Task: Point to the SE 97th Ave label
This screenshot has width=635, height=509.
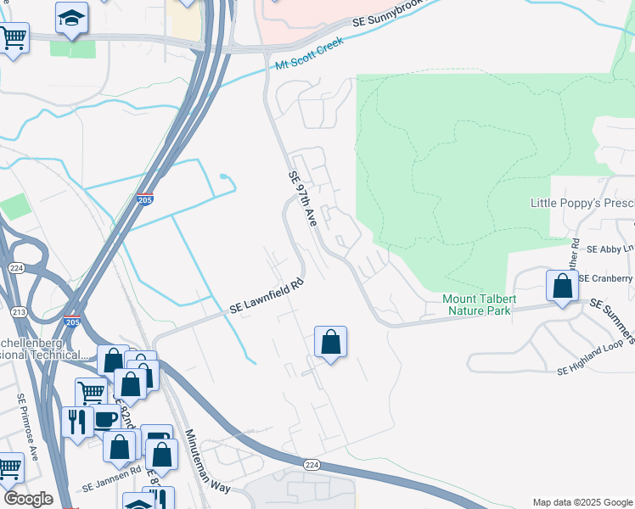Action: [302, 199]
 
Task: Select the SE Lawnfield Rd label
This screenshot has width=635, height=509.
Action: [266, 297]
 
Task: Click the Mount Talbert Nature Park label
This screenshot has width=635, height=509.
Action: [476, 305]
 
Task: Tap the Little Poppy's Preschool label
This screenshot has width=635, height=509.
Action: [582, 204]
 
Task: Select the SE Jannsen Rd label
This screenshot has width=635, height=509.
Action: [110, 483]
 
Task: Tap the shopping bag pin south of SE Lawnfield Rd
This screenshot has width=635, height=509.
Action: [331, 342]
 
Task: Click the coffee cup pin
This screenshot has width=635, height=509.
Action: [105, 419]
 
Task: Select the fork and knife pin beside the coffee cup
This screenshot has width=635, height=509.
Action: [77, 422]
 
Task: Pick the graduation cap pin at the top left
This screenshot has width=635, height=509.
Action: [71, 17]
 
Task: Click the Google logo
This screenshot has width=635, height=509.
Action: [28, 499]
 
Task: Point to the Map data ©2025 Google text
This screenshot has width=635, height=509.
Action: [582, 502]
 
